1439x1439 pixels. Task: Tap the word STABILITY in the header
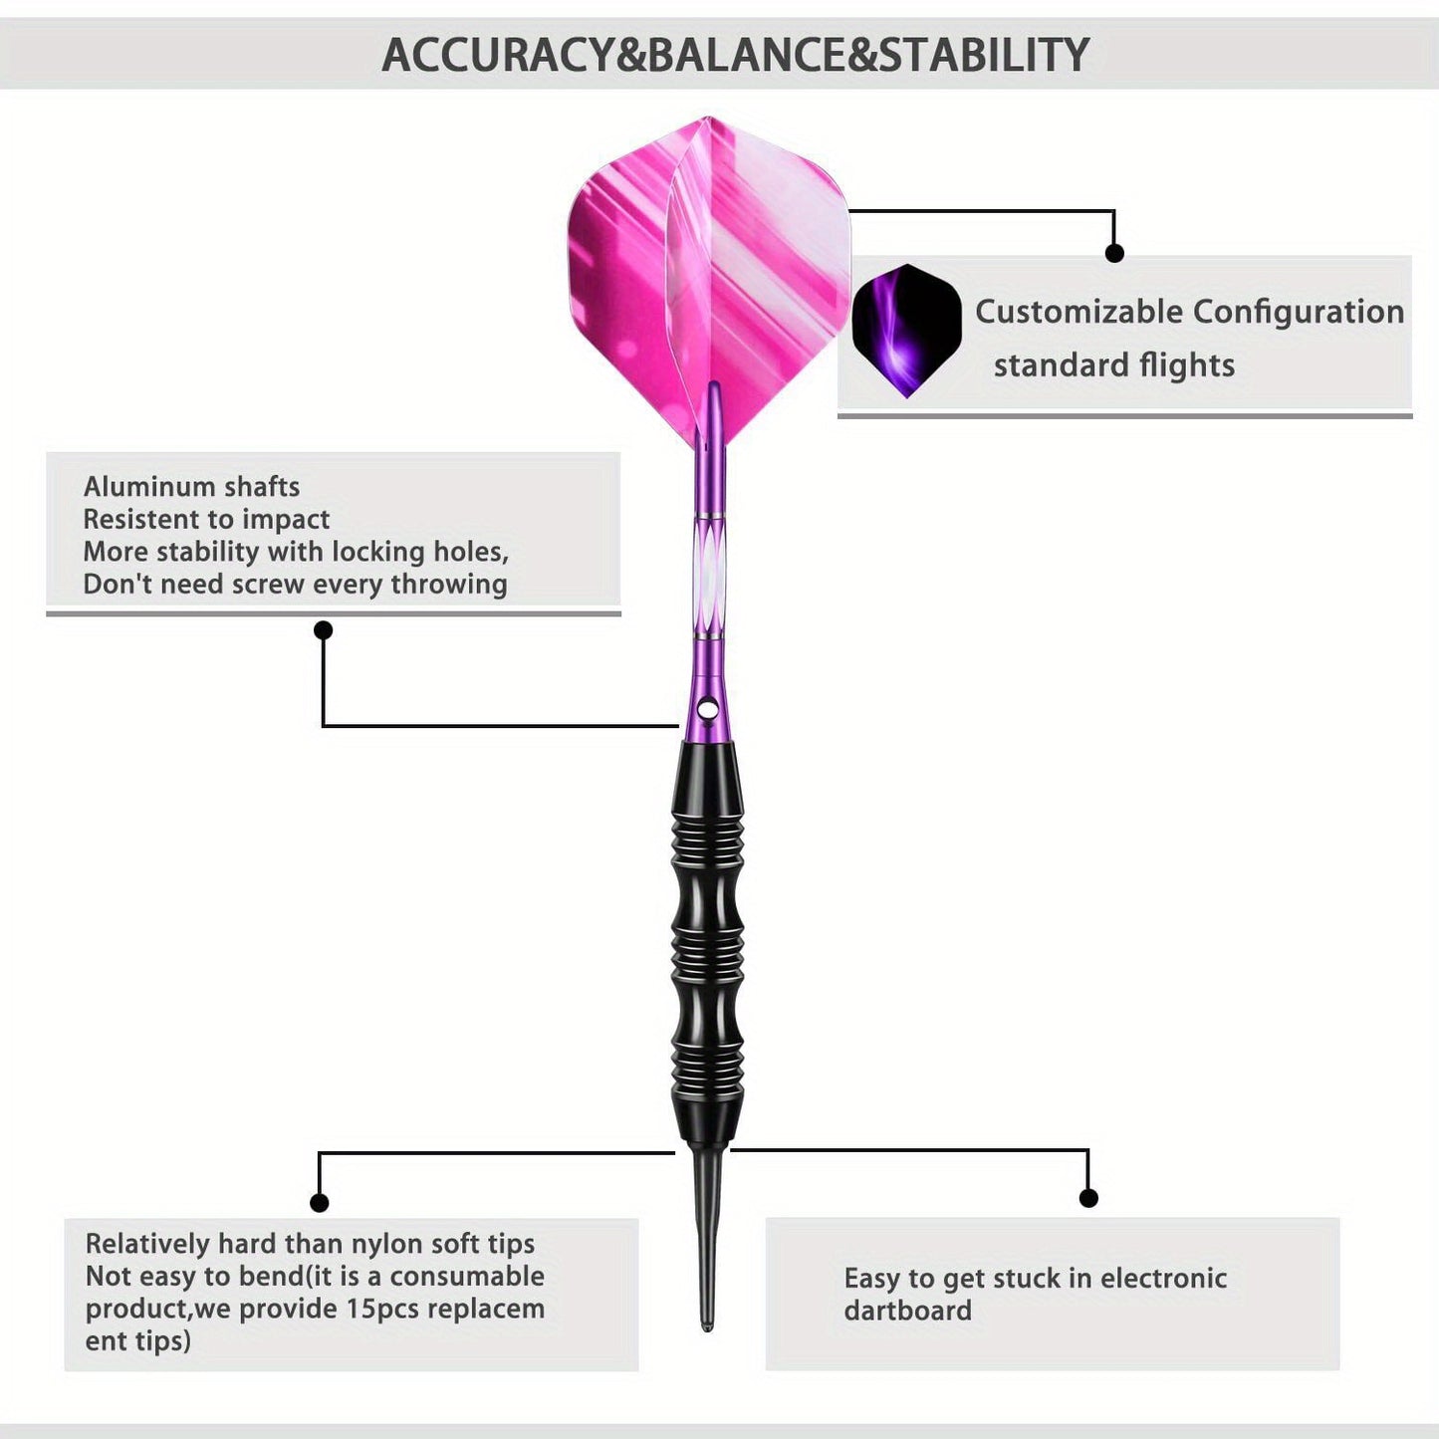tap(984, 55)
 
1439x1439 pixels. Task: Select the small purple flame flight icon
tap(906, 331)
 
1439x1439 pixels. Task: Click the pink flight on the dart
tap(708, 280)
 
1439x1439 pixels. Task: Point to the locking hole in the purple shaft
tap(706, 706)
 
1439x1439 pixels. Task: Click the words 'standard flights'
tap(1113, 365)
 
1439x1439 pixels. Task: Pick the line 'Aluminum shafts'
tap(191, 487)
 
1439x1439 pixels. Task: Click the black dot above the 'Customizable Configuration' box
tap(1114, 253)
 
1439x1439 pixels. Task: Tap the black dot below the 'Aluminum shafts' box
tap(323, 630)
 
